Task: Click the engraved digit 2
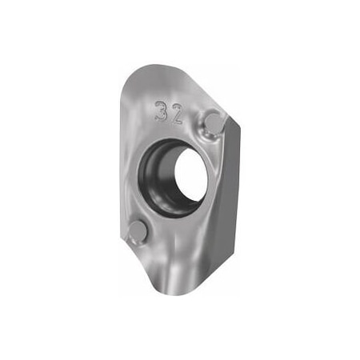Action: (177, 113)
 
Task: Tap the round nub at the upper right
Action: (214, 121)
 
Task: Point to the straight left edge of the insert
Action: (124, 160)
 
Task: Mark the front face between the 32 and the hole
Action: (172, 130)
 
